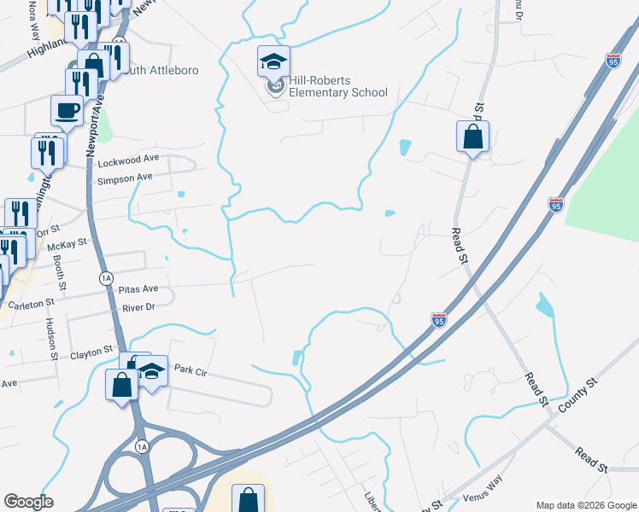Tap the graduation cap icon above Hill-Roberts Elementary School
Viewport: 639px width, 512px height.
tap(274, 61)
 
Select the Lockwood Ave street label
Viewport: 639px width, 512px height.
tap(128, 160)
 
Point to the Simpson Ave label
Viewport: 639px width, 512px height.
tap(125, 177)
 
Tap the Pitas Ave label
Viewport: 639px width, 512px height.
tap(138, 289)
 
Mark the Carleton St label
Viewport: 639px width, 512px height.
tap(32, 303)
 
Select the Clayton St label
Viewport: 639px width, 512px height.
tap(91, 351)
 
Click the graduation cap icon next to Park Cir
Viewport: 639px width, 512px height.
tap(152, 371)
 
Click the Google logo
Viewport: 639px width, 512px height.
tap(28, 502)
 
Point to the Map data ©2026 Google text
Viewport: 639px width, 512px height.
tap(586, 504)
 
